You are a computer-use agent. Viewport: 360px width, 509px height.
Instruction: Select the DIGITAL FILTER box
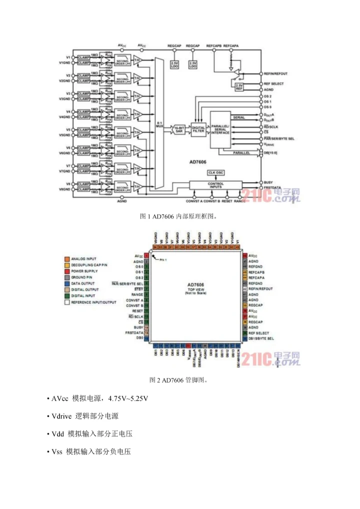click(x=198, y=128)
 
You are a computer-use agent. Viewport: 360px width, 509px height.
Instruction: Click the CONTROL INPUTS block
click(x=215, y=185)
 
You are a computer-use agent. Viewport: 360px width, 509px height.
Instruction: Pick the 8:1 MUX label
click(x=159, y=125)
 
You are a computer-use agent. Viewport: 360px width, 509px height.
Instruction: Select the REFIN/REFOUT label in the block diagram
click(x=275, y=73)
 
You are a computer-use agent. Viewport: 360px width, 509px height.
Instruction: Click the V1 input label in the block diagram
click(x=68, y=57)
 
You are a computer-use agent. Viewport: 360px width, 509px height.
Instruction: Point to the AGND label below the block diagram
click(x=121, y=200)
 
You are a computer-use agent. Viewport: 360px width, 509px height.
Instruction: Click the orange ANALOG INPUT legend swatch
click(x=66, y=258)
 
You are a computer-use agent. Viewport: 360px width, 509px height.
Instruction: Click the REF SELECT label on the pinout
click(x=258, y=333)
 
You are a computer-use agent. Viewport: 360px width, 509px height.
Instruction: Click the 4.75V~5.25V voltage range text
click(x=127, y=398)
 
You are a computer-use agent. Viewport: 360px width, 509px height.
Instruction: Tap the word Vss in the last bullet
click(x=57, y=451)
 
